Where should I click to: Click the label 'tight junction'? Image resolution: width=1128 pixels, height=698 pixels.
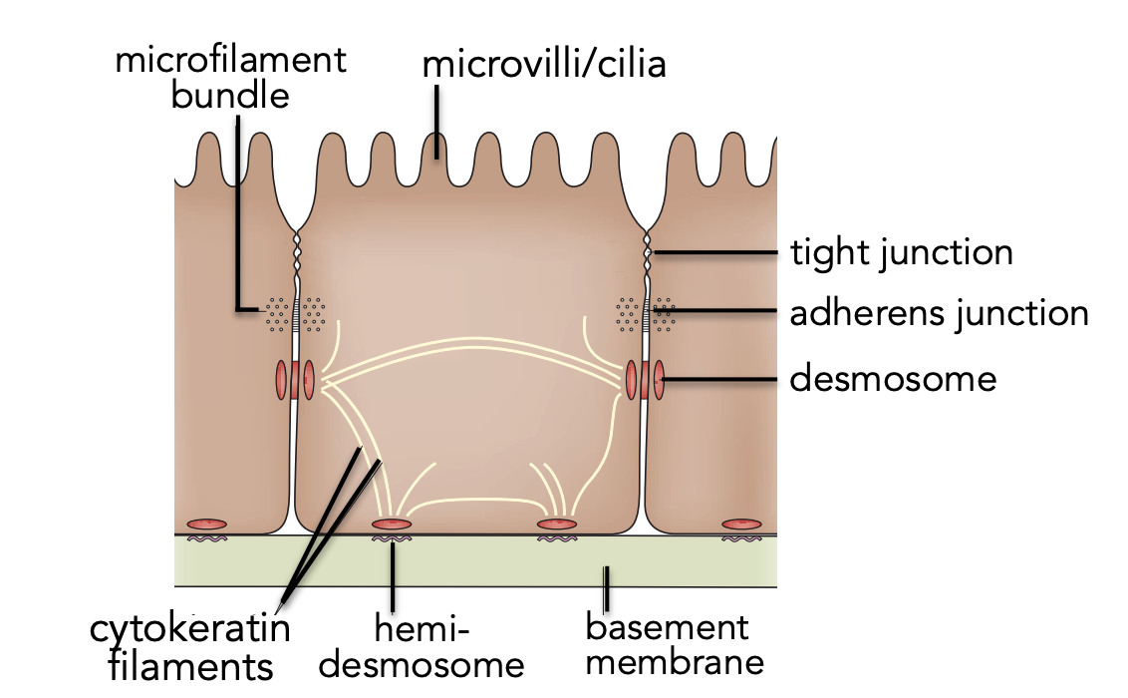[902, 253]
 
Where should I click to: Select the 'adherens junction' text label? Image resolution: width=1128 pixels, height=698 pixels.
[939, 314]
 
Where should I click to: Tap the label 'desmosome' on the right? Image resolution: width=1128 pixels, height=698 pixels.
[893, 379]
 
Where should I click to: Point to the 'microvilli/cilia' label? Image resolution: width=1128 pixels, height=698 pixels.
[544, 64]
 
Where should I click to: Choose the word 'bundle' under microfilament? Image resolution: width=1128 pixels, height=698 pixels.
[230, 95]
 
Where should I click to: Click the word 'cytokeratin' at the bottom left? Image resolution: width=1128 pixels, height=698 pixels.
[190, 629]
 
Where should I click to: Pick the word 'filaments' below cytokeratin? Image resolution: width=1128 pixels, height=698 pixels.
[190, 666]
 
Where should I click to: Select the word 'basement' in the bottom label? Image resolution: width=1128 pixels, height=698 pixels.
[667, 627]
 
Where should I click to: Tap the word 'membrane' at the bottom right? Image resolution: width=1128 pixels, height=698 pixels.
[675, 662]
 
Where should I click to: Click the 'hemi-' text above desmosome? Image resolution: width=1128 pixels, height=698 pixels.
[422, 629]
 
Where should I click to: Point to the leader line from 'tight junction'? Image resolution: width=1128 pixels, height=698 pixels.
[713, 252]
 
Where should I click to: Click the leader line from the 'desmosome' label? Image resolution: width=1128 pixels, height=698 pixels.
[719, 379]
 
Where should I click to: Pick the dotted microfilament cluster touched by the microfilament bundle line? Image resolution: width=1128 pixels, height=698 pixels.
[277, 314]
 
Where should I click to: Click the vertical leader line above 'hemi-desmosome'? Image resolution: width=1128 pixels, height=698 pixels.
[392, 576]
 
